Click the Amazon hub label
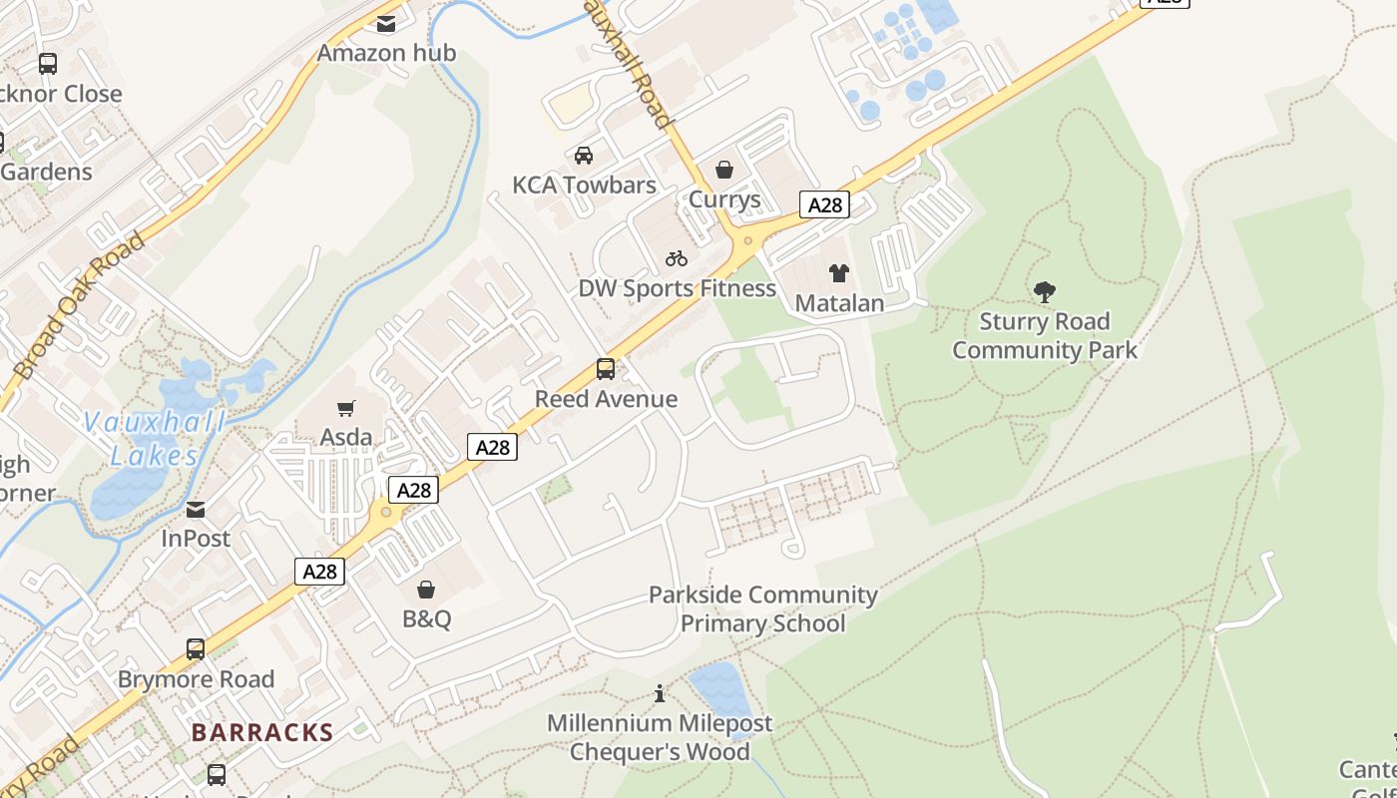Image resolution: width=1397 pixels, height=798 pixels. [386, 53]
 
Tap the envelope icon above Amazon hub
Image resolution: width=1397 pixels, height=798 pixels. [386, 24]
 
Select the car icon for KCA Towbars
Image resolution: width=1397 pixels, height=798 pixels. [584, 156]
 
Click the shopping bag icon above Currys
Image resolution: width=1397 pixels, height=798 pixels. [724, 170]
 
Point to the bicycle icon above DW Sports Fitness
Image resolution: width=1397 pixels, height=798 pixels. [677, 259]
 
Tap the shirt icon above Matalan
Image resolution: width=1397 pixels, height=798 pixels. [839, 273]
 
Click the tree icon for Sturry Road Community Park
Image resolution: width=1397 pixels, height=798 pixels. [1045, 292]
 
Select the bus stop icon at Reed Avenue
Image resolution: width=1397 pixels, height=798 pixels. [606, 369]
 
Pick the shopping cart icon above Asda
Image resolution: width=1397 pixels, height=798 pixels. [346, 408]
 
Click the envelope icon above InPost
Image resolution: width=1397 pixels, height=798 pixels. [196, 510]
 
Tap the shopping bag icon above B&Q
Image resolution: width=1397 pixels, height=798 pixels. [426, 590]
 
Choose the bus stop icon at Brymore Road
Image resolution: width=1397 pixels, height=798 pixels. [196, 649]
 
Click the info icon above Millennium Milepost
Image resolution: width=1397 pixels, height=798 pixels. [659, 693]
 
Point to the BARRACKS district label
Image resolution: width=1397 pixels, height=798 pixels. [262, 732]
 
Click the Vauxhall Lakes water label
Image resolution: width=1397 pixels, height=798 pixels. [155, 439]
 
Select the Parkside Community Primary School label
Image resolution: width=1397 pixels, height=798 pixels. [762, 609]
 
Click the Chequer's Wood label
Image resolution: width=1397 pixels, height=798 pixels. [660, 751]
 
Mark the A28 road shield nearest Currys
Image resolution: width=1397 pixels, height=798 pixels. [824, 205]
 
